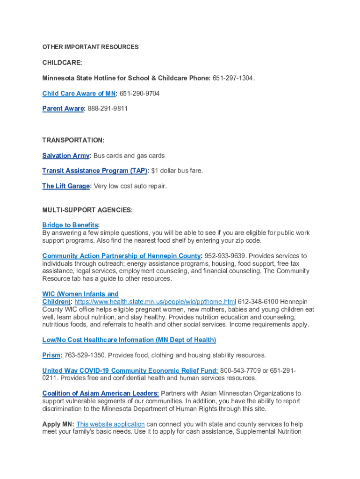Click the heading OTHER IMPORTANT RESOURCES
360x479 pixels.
(90, 47)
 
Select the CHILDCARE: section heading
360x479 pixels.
(62, 63)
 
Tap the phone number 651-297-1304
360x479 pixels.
(233, 78)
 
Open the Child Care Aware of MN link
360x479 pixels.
(79, 94)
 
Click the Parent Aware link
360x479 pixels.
(63, 109)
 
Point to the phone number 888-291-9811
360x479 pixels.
(108, 109)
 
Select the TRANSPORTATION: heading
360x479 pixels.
(73, 140)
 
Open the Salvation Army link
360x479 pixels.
(65, 156)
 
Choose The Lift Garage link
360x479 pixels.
(65, 186)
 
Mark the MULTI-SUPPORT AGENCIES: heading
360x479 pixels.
(87, 210)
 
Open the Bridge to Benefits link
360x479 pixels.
(70, 225)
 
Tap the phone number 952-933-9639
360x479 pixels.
(223, 256)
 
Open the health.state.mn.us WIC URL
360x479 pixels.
(155, 302)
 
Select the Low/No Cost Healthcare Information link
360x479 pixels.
(129, 340)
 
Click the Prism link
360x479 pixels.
(51, 355)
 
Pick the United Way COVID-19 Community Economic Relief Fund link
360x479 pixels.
(130, 370)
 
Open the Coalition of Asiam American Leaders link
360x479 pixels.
(101, 393)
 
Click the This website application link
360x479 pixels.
(110, 424)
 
